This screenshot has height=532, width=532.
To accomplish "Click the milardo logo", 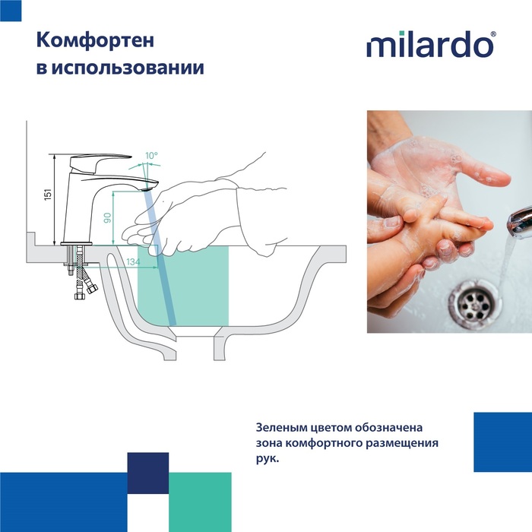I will click(x=429, y=45).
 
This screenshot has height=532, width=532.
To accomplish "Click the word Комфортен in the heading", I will click(x=90, y=40).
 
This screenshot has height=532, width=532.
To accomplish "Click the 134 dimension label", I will click(x=133, y=262).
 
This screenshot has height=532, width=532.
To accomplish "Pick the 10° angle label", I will click(x=151, y=155).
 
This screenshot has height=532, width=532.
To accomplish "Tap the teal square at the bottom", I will click(x=199, y=502).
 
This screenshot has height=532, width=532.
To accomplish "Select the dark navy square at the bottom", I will click(x=147, y=473).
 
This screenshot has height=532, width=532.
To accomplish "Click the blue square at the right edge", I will click(x=502, y=442).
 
